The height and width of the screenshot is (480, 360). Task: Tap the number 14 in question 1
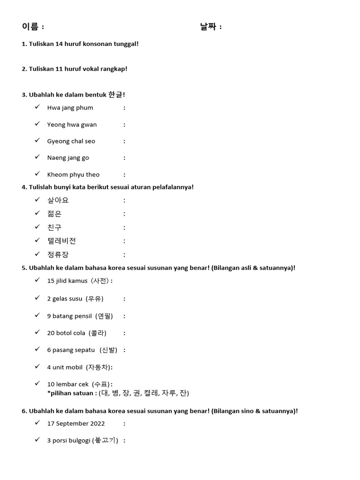click(59, 44)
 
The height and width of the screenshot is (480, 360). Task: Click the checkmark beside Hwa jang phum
click(37, 107)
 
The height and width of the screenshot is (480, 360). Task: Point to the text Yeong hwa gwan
click(72, 125)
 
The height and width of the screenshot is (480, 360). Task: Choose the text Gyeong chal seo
click(71, 141)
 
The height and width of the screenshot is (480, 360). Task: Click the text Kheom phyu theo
click(73, 174)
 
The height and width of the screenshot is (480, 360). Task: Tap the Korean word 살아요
click(58, 200)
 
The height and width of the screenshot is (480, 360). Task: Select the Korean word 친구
click(54, 227)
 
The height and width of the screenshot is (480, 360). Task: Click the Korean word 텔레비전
click(61, 241)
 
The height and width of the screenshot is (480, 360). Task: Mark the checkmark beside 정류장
click(37, 254)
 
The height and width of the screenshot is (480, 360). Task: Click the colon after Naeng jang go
click(124, 157)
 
